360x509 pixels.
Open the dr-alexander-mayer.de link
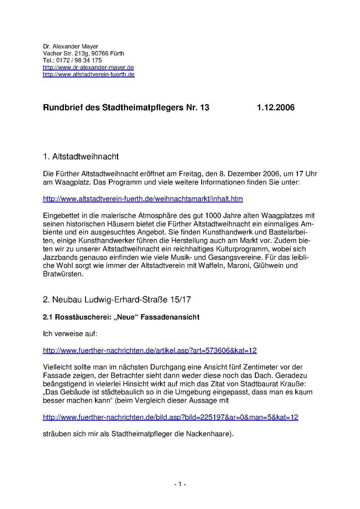click(89, 67)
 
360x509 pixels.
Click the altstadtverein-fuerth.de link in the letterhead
click(89, 74)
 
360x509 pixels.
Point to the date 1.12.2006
click(275, 108)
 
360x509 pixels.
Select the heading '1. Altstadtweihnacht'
click(81, 157)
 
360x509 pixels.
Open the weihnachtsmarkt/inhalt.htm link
click(143, 199)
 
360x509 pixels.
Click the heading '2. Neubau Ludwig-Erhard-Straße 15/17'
click(117, 299)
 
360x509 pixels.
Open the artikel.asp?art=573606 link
click(150, 351)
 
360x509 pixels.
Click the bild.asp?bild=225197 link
click(170, 417)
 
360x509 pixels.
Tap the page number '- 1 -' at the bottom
click(180, 484)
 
